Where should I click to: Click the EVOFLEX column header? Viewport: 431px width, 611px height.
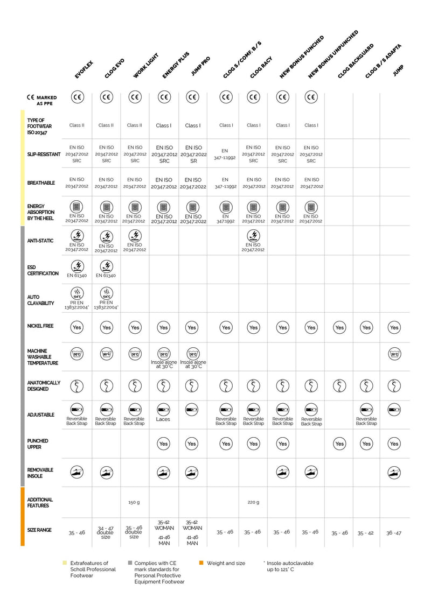pyautogui.click(x=85, y=70)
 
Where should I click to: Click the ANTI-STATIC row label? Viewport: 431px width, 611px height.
pyautogui.click(x=40, y=241)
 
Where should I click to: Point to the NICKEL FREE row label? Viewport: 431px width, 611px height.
pyautogui.click(x=40, y=326)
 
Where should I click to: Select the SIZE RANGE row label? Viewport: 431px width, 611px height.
pyautogui.click(x=39, y=530)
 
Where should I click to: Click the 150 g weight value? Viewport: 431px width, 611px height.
pyautogui.click(x=134, y=502)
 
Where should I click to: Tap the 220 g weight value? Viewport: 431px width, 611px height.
pyautogui.click(x=253, y=502)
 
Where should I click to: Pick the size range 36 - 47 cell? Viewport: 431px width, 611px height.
pyautogui.click(x=394, y=533)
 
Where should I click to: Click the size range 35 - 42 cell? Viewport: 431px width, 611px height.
pyautogui.click(x=365, y=533)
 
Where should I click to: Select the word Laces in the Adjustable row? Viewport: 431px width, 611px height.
pyautogui.click(x=163, y=419)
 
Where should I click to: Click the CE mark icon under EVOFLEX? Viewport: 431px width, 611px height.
pyautogui.click(x=78, y=97)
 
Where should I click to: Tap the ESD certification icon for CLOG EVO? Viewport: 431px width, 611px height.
pyautogui.click(x=107, y=265)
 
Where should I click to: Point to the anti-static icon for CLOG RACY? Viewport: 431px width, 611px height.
pyautogui.click(x=253, y=235)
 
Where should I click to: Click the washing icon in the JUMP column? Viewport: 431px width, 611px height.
pyautogui.click(x=394, y=354)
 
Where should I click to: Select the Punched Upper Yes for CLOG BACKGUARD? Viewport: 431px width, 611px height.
pyautogui.click(x=339, y=444)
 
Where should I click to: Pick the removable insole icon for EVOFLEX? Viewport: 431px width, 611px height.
pyautogui.click(x=78, y=473)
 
